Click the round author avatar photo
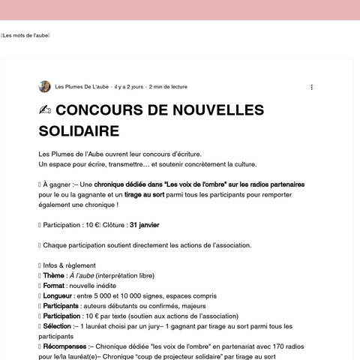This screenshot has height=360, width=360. pos(45,87)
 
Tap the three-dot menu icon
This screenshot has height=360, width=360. pos(312,87)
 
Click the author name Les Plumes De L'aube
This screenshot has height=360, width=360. pos(82,87)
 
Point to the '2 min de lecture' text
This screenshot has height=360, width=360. pos(169,87)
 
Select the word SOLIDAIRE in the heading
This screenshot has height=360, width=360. pos(79,131)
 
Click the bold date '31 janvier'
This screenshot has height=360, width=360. pos(144,224)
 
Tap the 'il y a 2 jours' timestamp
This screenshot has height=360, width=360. pos(129,87)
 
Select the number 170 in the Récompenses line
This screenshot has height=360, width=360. pos(283,347)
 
